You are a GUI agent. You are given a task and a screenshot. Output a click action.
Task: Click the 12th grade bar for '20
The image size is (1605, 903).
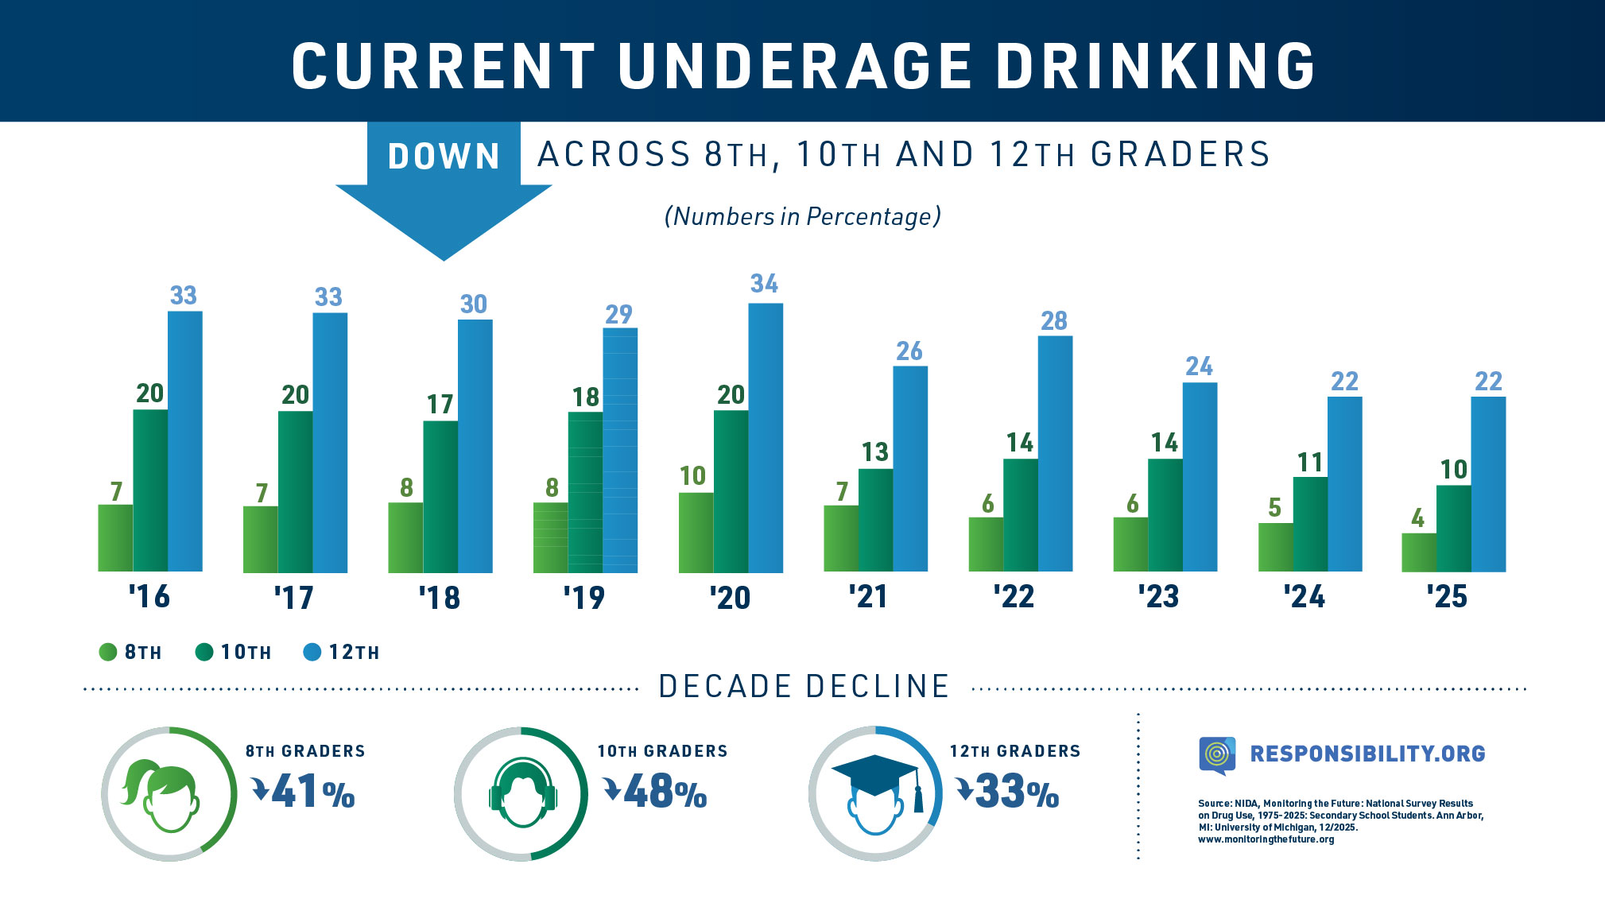tap(765, 437)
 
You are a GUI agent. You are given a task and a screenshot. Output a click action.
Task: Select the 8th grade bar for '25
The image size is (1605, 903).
tap(1418, 552)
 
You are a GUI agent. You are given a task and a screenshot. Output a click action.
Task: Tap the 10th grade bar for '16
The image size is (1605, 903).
tap(150, 490)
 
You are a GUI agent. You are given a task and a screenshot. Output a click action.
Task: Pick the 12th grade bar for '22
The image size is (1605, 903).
tap(1055, 453)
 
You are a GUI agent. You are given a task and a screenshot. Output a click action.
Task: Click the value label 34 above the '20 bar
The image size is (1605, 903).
tap(764, 284)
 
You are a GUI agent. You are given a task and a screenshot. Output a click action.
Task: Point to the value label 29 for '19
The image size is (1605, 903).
tap(618, 315)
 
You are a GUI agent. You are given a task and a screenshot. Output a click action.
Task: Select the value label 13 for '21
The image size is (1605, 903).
tap(874, 452)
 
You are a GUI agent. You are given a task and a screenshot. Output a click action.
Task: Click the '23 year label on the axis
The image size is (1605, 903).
tap(1158, 596)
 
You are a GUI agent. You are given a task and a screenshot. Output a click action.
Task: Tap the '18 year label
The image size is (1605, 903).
tap(440, 598)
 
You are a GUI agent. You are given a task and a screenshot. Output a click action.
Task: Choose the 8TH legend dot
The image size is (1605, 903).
tap(108, 653)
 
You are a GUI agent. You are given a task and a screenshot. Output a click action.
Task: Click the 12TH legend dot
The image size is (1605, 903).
tap(312, 653)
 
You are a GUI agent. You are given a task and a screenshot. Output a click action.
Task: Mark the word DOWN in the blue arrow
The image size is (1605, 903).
tap(444, 157)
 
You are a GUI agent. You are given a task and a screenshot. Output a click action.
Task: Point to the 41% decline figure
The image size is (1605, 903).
tap(304, 792)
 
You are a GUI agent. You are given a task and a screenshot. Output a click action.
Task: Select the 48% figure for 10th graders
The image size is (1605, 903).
tap(657, 792)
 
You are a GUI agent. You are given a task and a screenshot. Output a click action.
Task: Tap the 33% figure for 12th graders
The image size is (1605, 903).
tap(1009, 792)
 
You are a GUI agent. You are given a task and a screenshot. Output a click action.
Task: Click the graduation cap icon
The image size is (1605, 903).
tap(875, 775)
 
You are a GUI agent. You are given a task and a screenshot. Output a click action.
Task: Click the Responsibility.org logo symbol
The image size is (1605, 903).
tap(1217, 754)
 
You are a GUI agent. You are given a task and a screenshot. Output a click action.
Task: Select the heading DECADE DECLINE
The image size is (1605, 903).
tap(804, 687)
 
